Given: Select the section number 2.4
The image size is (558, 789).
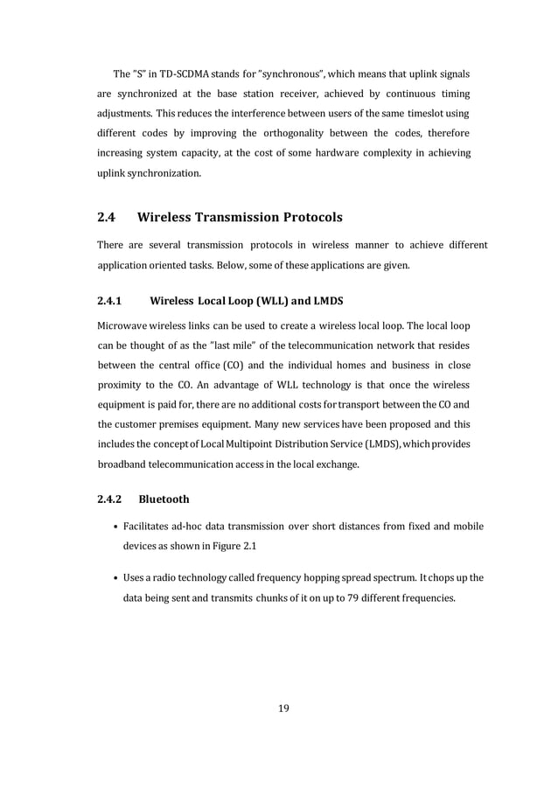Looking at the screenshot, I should pos(108,216).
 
